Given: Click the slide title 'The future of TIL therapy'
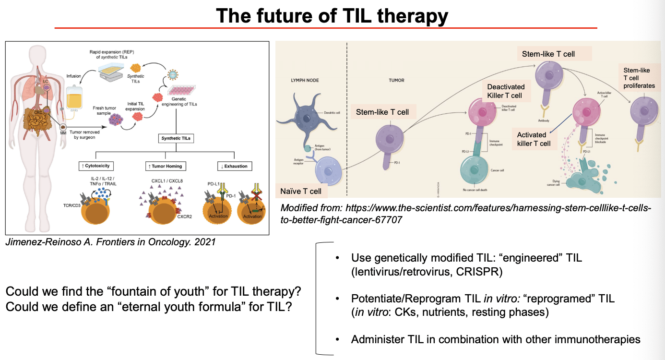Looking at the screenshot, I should pyautogui.click(x=332, y=16).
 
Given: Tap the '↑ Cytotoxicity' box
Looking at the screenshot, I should pyautogui.click(x=95, y=166).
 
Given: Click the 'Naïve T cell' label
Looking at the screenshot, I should pyautogui.click(x=301, y=191).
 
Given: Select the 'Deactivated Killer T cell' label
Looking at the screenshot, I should pyautogui.click(x=506, y=91).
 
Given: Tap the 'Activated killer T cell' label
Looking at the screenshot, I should pyautogui.click(x=534, y=139).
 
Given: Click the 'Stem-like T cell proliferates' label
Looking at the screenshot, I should pyautogui.click(x=639, y=78).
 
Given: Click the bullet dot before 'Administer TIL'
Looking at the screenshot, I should pyautogui.click(x=338, y=340).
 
